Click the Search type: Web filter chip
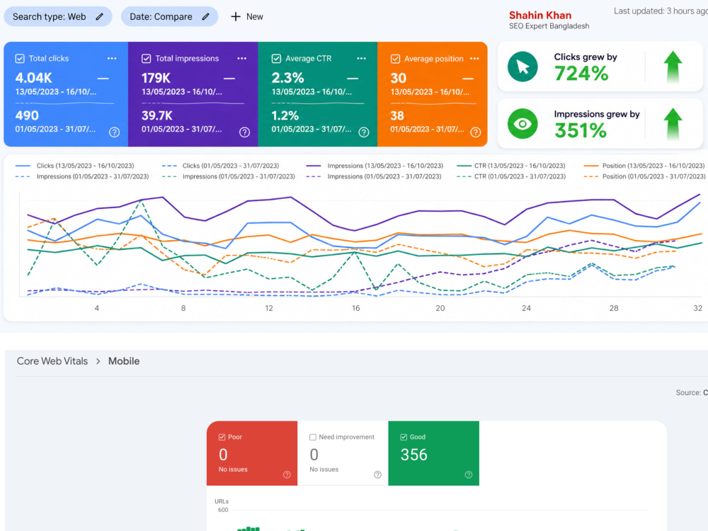[58, 17]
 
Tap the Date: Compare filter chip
[169, 17]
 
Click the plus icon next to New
[236, 17]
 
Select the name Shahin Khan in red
[540, 16]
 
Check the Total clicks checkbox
[20, 58]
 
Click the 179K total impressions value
[156, 78]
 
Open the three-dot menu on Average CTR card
[361, 58]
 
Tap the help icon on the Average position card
[476, 132]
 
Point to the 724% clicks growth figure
[581, 73]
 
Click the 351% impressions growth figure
[581, 130]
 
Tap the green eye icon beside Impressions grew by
[523, 124]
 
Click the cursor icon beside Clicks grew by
[523, 67]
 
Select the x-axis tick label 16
[356, 308]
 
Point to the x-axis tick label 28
[614, 308]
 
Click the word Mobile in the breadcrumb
[124, 361]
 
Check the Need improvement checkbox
[312, 437]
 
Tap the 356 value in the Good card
[413, 455]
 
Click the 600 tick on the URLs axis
[223, 510]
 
